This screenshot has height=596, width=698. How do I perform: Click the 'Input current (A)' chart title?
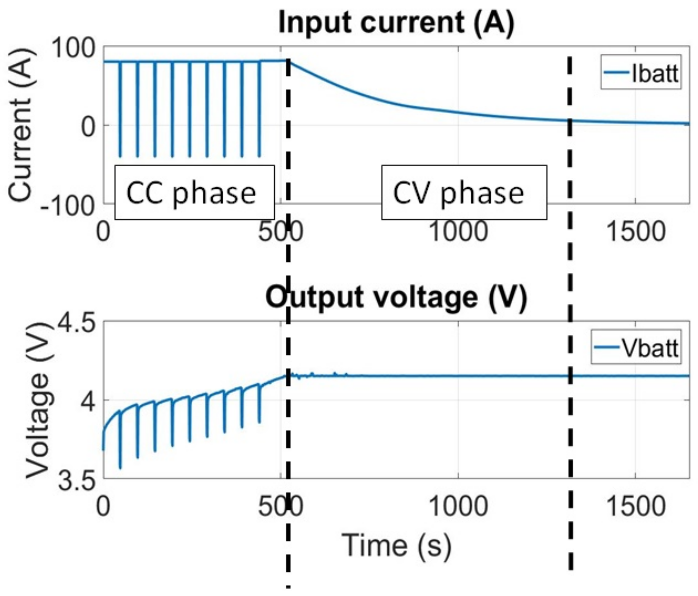click(397, 22)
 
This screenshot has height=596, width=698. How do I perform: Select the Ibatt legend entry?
click(641, 72)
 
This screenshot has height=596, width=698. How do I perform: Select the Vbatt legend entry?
click(636, 347)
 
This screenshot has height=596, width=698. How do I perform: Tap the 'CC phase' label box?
click(194, 193)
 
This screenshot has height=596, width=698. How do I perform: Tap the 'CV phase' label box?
click(464, 193)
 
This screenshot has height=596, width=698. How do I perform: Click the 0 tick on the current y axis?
click(88, 127)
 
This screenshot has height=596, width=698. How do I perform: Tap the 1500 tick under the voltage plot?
click(635, 506)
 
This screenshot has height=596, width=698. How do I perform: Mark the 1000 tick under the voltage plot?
click(459, 506)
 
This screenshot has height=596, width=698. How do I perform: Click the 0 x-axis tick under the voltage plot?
click(103, 506)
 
